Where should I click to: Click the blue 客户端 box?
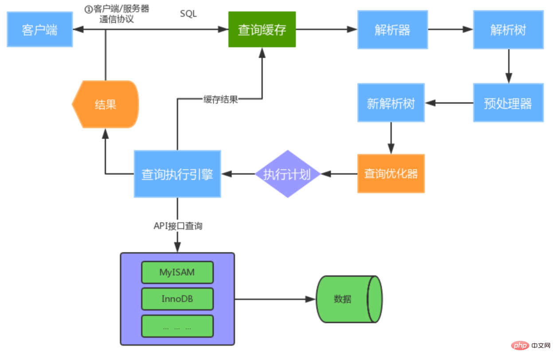[x=40, y=30]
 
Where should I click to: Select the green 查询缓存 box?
[x=262, y=30]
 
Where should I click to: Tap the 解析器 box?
[x=392, y=30]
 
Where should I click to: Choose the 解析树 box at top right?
[x=508, y=30]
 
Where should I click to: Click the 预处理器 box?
[x=508, y=103]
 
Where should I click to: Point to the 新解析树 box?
[x=391, y=103]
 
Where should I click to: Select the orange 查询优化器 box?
[x=391, y=173]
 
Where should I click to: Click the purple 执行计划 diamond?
[x=287, y=174]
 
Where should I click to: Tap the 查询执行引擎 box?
[x=177, y=174]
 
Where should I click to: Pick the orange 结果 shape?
[x=106, y=105]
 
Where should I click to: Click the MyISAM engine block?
[x=177, y=272]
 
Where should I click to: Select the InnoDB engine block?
[x=177, y=299]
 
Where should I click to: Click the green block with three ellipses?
[x=177, y=327]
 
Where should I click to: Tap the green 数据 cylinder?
[x=348, y=299]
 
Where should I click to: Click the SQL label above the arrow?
[x=188, y=14]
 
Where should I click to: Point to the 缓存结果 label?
[x=220, y=99]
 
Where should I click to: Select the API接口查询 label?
[x=178, y=226]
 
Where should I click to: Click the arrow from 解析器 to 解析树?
[x=450, y=30]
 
